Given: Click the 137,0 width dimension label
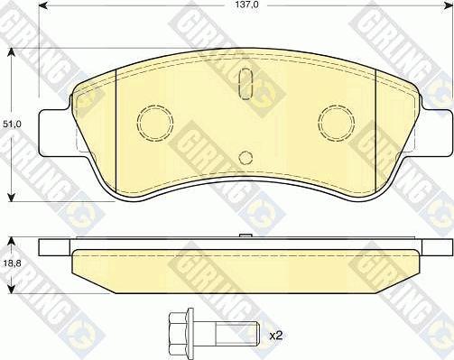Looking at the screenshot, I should click(245, 5).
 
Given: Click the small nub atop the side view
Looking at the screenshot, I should click(245, 237).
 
